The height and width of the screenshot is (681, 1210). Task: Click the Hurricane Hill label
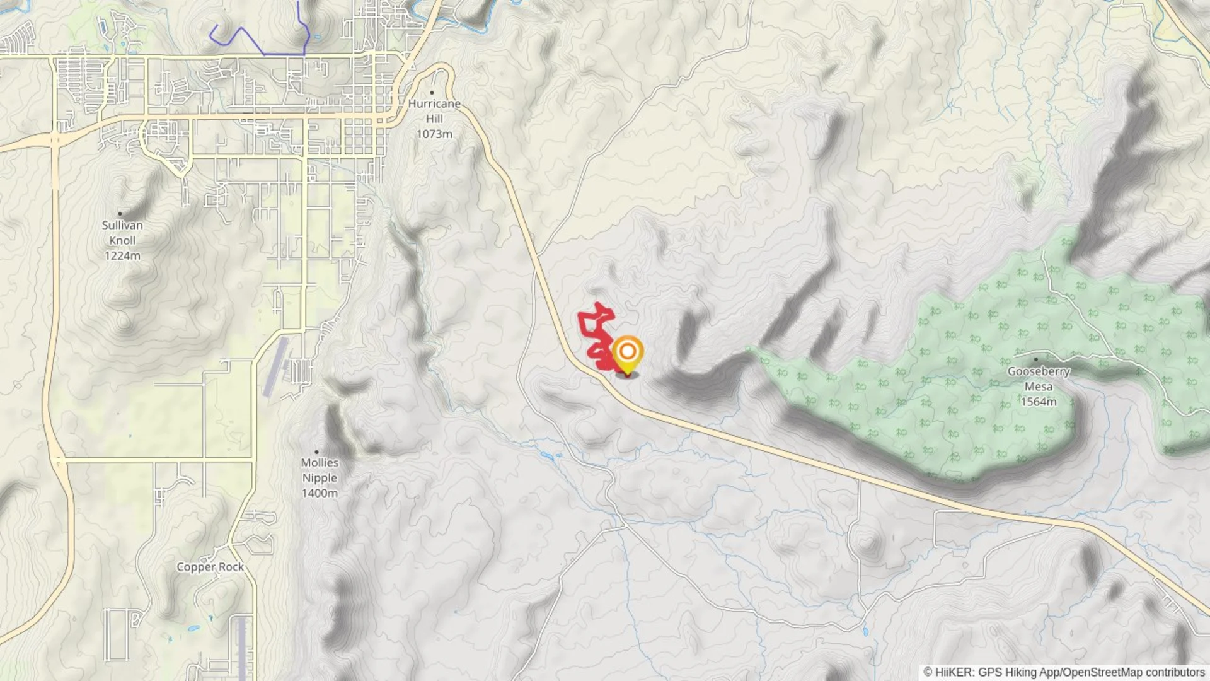(434, 111)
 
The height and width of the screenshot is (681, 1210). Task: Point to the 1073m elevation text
(434, 134)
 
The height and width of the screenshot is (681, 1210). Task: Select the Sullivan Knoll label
(122, 233)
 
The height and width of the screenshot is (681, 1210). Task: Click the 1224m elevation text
(122, 256)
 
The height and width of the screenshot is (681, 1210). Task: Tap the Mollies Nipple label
(320, 470)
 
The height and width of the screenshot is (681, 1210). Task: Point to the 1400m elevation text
(320, 493)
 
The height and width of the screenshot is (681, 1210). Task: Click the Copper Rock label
(210, 567)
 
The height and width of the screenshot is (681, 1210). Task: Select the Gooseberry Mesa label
(1039, 379)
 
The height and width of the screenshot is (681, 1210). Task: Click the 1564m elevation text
(1039, 402)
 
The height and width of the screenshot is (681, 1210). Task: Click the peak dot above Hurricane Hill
(432, 93)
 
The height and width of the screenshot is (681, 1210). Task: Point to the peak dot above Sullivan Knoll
(120, 214)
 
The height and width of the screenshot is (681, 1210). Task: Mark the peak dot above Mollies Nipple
(316, 452)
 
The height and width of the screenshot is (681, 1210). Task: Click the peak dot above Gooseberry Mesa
(1035, 359)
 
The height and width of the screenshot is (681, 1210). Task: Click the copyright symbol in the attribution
(928, 672)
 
